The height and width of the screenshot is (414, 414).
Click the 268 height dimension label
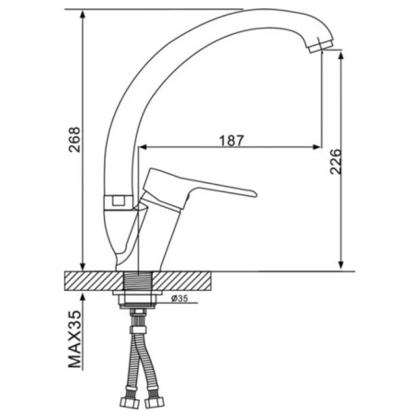tap(75, 140)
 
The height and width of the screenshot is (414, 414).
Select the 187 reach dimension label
tap(232, 141)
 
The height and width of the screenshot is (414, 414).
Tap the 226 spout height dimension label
tap(336, 162)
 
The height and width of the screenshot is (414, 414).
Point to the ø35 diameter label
tap(179, 298)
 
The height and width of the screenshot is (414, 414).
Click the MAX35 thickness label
tap(75, 339)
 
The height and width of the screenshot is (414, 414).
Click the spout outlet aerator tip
tap(321, 45)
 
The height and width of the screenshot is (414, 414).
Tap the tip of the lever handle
tap(255, 193)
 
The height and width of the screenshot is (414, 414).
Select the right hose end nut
tap(155, 403)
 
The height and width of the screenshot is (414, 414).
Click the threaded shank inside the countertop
tap(139, 282)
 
